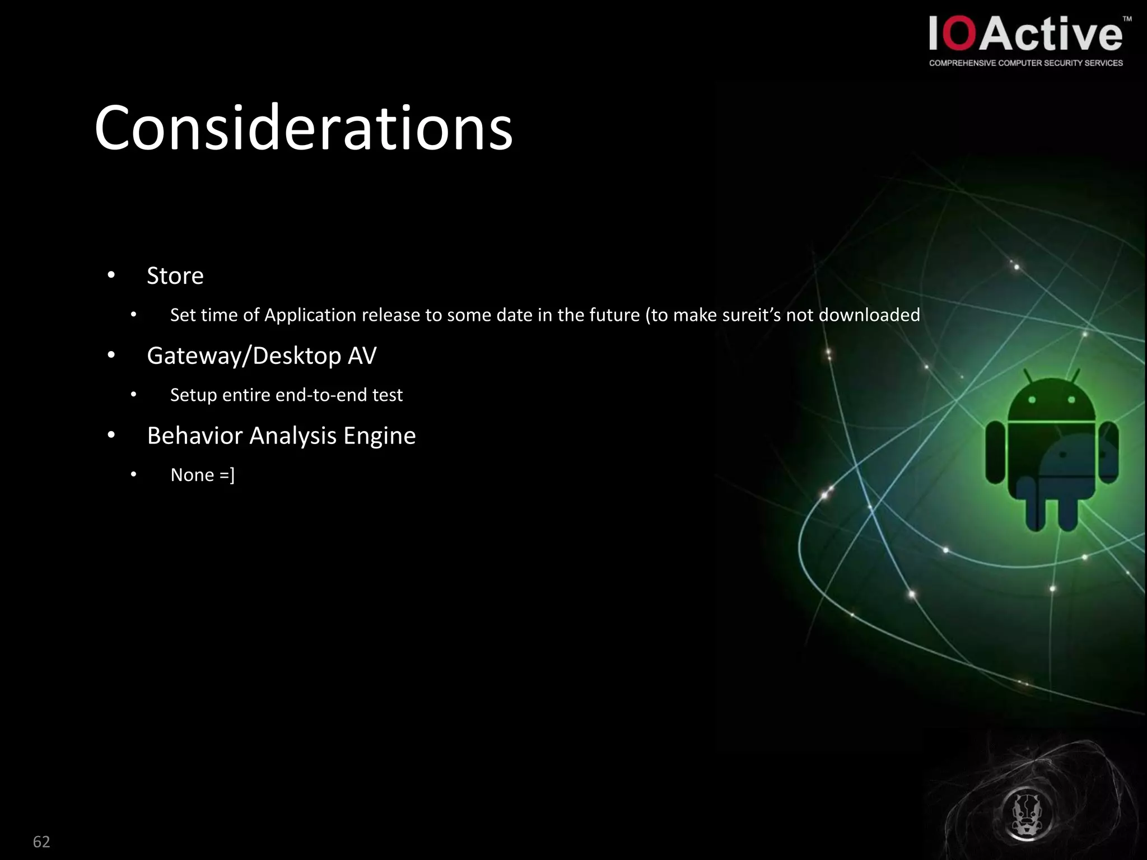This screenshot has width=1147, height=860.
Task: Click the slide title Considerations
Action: pos(303,128)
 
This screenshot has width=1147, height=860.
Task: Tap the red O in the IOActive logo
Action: pos(961,34)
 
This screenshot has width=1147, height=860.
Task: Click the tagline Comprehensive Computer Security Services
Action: pos(1025,63)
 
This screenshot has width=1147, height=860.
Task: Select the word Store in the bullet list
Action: pos(175,275)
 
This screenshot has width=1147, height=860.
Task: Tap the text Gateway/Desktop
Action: pos(244,356)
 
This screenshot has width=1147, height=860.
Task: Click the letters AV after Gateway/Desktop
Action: pos(362,356)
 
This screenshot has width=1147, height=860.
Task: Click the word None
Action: pos(192,475)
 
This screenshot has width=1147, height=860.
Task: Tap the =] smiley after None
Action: pos(227,475)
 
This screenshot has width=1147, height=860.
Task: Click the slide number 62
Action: pos(41,842)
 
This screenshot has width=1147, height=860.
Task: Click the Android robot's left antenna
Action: pos(1029,378)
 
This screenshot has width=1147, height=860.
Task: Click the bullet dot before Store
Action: pos(111,275)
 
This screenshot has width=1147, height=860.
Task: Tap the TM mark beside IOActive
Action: pos(1127,19)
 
